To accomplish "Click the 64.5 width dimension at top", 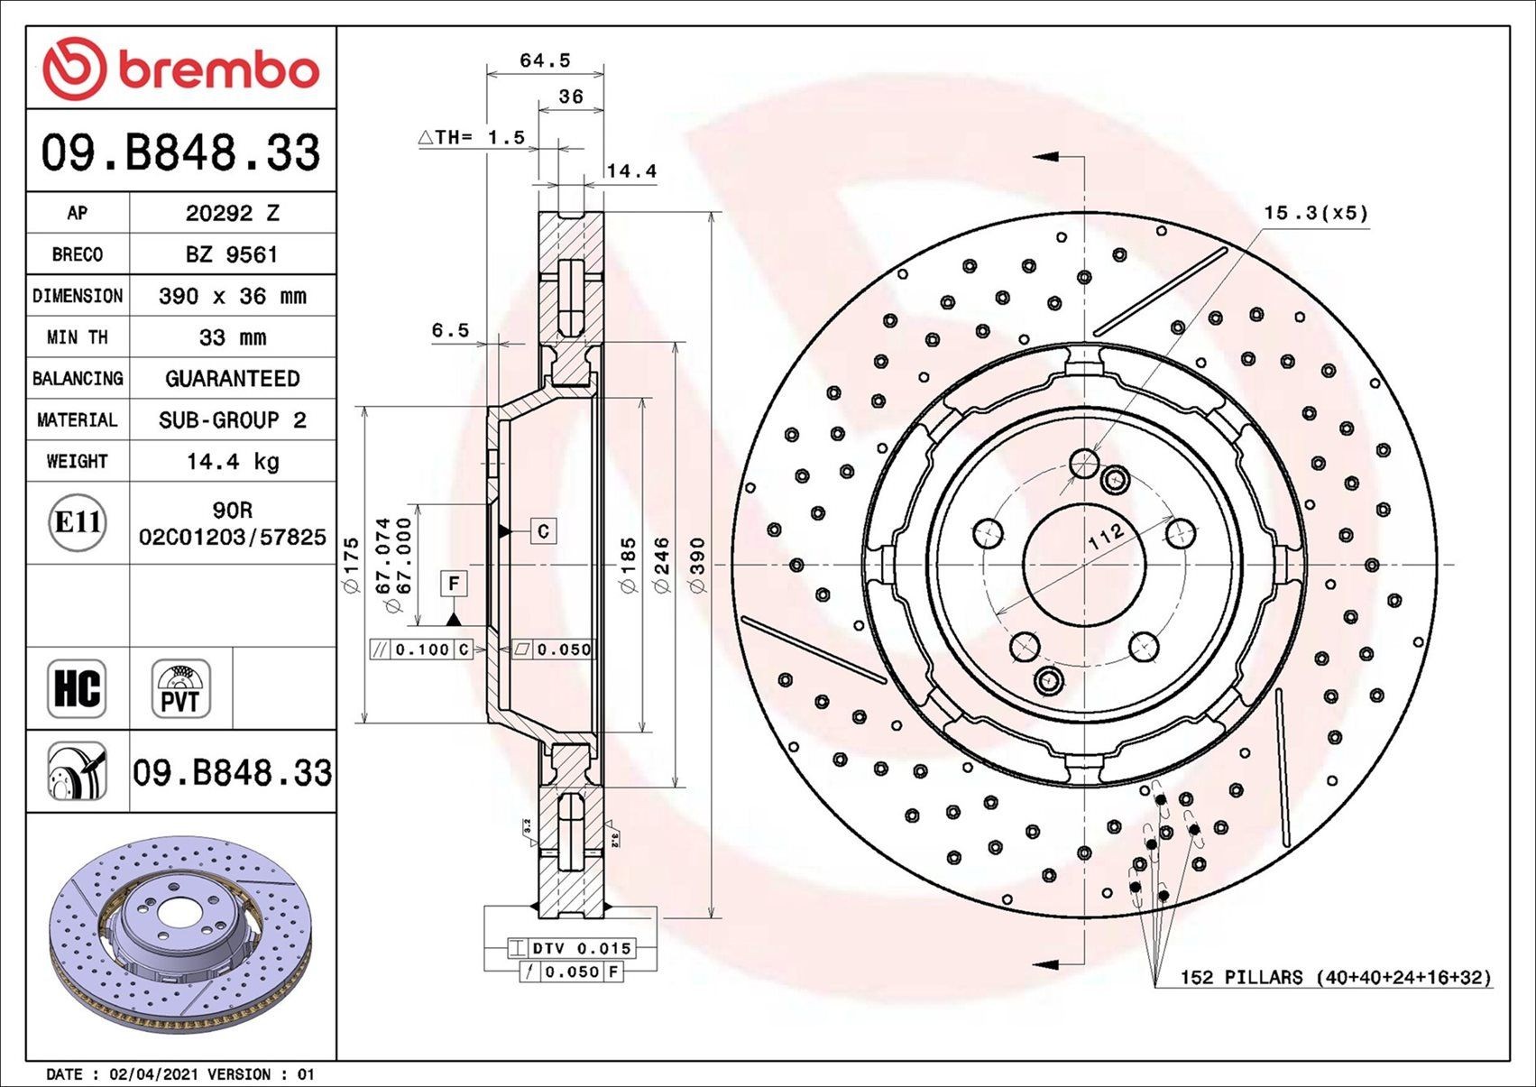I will click(x=545, y=60).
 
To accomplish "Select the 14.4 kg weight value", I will click(x=233, y=461).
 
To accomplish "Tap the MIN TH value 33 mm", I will click(x=233, y=337).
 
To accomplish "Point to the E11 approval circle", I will click(x=78, y=522).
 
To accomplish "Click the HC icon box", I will click(x=77, y=688).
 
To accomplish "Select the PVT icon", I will click(x=181, y=688).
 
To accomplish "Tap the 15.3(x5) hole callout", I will click(x=1315, y=213).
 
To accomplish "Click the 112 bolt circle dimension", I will click(x=1106, y=536).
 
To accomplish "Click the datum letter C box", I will click(x=543, y=530).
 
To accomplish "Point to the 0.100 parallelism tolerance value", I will click(x=422, y=649).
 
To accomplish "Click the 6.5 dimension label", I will click(x=450, y=330).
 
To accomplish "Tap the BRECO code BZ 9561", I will click(x=233, y=254).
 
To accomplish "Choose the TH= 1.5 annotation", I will click(x=473, y=137).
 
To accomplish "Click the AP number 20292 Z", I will click(x=233, y=213).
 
